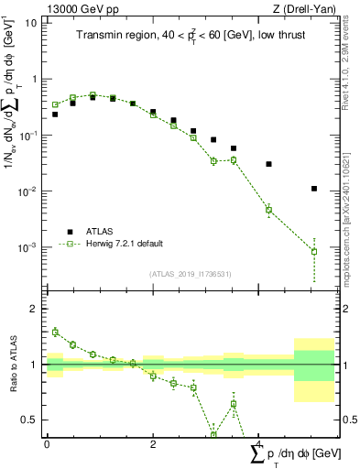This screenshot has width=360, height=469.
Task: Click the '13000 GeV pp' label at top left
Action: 76,8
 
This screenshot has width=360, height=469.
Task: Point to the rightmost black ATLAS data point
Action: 314,189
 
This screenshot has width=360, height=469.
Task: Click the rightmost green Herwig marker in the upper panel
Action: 314,251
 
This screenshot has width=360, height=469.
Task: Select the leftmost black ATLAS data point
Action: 55,115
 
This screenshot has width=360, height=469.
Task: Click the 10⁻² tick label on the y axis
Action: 27,191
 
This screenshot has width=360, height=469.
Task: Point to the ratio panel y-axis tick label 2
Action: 35,309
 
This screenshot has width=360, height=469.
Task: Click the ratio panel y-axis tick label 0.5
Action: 30,420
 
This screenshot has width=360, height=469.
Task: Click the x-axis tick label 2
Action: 153,444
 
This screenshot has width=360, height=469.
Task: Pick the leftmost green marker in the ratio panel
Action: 55,332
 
